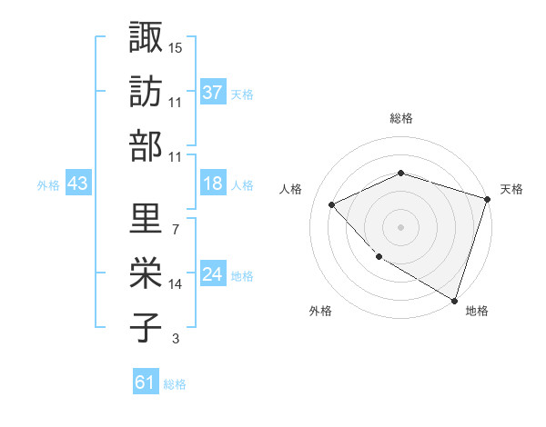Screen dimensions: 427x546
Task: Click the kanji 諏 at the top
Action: tap(146, 38)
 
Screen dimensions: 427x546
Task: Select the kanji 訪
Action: tap(146, 93)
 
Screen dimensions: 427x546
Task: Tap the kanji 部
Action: tap(146, 146)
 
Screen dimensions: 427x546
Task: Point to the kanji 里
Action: tap(146, 218)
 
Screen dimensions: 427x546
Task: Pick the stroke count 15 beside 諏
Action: tap(176, 47)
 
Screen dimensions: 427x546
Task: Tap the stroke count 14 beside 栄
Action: tap(176, 283)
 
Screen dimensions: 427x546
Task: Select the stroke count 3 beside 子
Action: tap(176, 339)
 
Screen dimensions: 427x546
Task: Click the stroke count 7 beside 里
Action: tap(175, 229)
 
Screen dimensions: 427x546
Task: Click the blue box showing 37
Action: tap(213, 93)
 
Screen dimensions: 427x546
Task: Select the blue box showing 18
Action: tap(213, 184)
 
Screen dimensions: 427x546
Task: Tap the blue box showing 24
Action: tap(213, 274)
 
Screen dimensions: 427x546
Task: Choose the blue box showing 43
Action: tap(78, 184)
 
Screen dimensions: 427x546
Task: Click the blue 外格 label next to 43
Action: tap(48, 184)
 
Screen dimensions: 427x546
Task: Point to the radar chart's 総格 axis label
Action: tap(400, 118)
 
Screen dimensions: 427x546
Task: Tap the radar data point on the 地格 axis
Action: tap(454, 299)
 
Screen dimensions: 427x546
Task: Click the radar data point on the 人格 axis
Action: tap(332, 204)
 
